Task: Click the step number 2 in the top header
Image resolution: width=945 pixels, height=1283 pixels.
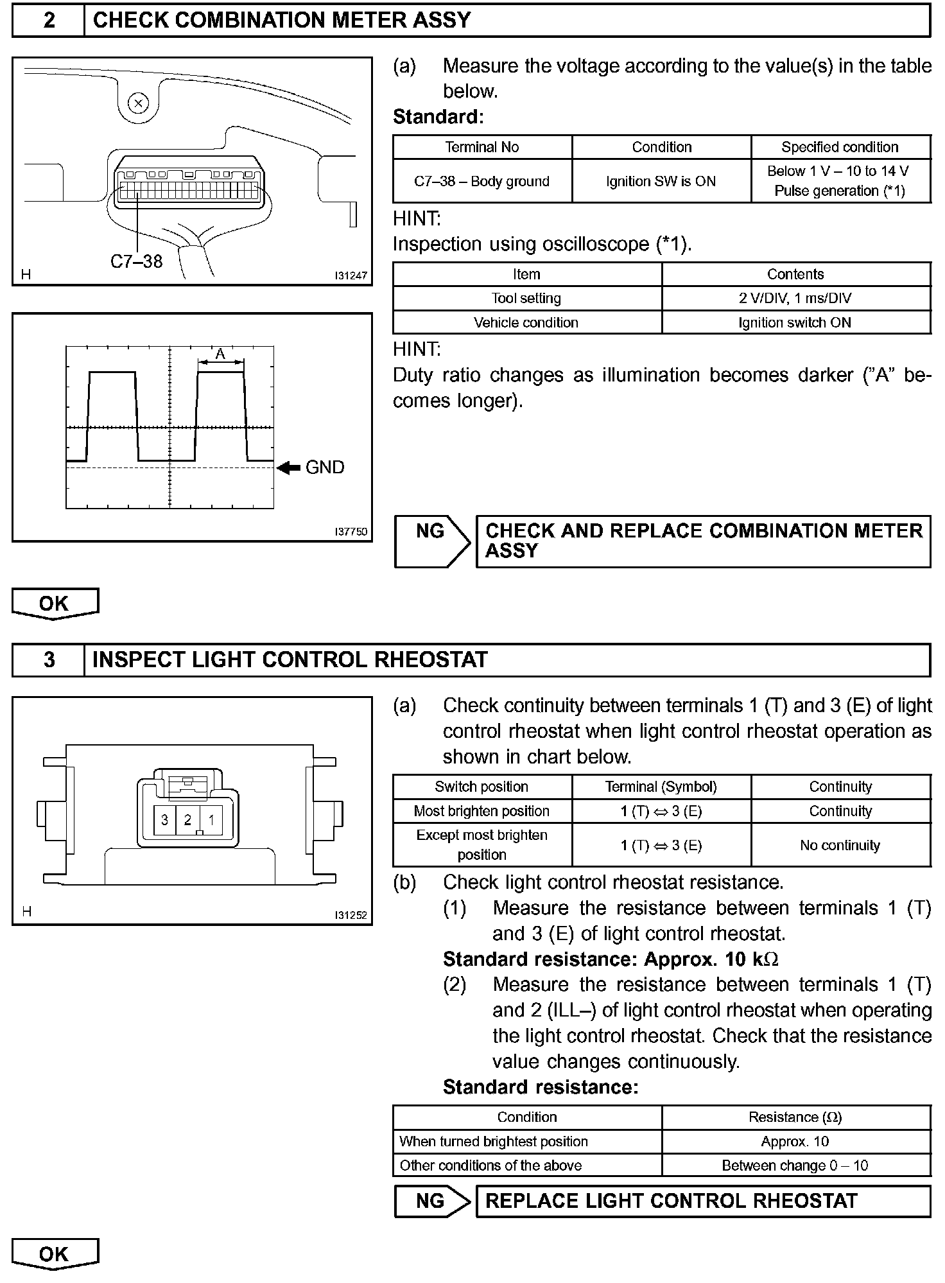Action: click(49, 21)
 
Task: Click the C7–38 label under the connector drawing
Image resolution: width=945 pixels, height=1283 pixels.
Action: click(136, 261)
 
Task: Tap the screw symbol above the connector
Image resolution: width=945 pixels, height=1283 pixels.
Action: click(139, 103)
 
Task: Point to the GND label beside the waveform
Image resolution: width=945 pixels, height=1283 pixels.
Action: click(325, 467)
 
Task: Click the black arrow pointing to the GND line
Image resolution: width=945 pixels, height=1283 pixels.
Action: click(289, 468)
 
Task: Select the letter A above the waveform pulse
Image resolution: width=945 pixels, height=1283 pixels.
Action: click(220, 354)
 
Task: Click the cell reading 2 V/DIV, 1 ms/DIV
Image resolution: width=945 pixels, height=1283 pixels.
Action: click(795, 298)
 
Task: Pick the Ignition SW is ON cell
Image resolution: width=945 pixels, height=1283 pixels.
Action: click(661, 182)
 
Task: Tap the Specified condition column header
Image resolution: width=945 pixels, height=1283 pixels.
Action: click(840, 147)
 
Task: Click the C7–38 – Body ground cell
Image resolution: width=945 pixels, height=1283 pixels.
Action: click(481, 182)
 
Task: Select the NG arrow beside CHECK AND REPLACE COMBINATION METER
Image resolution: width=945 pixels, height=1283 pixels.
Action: click(431, 541)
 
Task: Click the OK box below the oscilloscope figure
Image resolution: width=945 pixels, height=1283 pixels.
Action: click(54, 604)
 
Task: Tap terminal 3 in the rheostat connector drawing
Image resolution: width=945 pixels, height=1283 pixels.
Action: click(165, 820)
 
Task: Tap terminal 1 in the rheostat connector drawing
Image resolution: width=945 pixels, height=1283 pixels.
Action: click(211, 820)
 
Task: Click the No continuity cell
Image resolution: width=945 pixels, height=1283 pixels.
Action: click(840, 845)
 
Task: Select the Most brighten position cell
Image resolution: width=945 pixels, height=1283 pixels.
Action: click(481, 811)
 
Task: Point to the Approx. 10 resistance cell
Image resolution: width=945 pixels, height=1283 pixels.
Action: click(795, 1141)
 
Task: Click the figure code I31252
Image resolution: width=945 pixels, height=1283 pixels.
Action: click(351, 915)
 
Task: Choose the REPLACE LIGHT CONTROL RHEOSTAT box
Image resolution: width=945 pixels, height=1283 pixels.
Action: click(702, 1201)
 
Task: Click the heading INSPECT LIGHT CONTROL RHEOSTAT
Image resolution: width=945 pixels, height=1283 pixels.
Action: click(290, 660)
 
